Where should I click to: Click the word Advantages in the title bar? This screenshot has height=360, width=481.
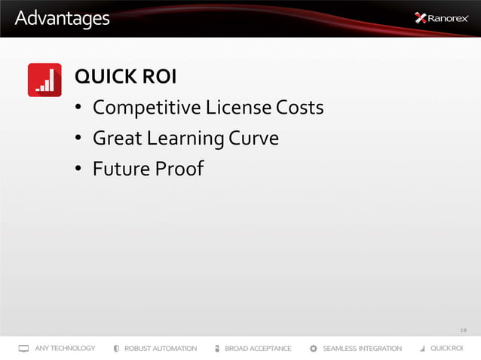pos(62,17)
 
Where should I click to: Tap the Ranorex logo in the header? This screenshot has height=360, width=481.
pos(443,18)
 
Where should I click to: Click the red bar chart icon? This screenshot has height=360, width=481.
pos(44,80)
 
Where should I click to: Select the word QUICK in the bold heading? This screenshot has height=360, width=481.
pos(101,78)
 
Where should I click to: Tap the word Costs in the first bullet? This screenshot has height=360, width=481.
pos(300,108)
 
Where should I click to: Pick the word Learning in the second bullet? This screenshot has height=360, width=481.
pos(185,139)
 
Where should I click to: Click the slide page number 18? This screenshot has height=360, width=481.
pos(463,329)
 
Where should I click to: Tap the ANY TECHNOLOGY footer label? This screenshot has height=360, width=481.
pos(65,349)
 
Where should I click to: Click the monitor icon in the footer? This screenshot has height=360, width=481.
pos(23,349)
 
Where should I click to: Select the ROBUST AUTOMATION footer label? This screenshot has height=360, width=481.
pos(161,349)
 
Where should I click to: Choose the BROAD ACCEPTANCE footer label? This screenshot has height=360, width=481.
pos(258,349)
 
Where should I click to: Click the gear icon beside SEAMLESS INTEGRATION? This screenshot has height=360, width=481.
pos(313,349)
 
